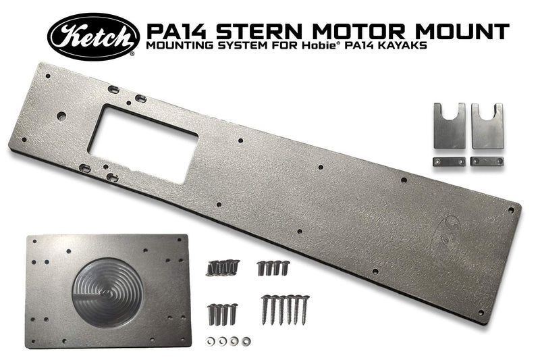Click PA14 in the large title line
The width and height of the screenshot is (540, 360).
[x=175, y=30]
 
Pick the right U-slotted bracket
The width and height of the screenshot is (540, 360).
[x=487, y=126]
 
